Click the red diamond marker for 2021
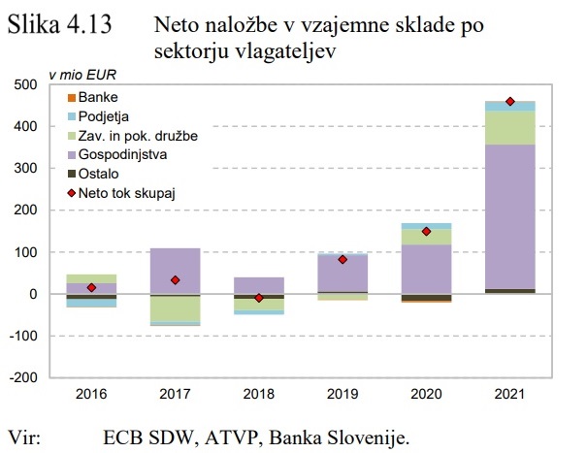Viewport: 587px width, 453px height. click(x=509, y=102)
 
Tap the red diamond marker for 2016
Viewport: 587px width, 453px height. click(x=91, y=287)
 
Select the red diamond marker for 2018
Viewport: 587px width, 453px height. click(x=259, y=298)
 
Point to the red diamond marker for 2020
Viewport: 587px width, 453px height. click(x=426, y=232)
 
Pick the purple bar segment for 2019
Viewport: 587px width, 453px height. click(x=342, y=273)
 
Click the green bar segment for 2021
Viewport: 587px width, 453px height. click(x=509, y=128)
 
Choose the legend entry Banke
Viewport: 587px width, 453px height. click(x=98, y=98)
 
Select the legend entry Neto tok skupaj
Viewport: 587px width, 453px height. click(x=120, y=193)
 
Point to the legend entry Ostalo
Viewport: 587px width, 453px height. click(x=99, y=174)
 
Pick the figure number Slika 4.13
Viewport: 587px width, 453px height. click(x=58, y=26)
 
